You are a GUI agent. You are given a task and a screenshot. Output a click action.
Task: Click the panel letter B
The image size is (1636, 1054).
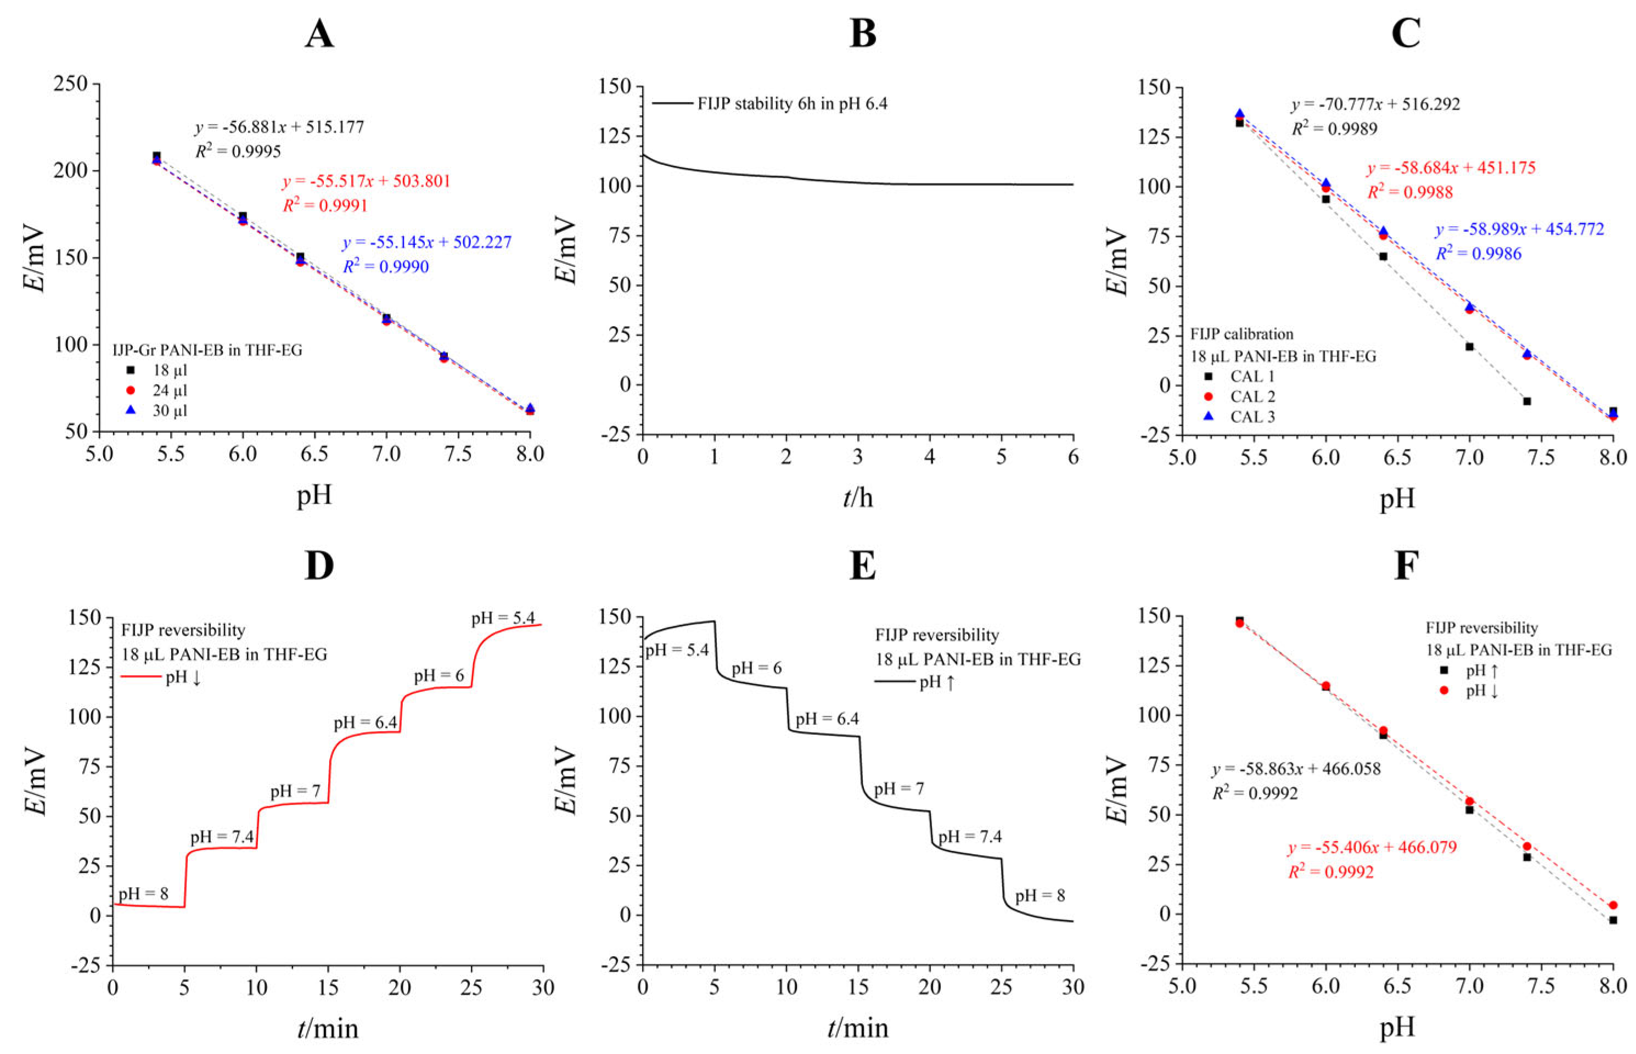[862, 33]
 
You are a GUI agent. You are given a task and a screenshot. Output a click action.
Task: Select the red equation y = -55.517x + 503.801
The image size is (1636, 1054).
[366, 181]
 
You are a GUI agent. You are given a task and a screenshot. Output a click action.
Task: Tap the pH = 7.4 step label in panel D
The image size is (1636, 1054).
[222, 837]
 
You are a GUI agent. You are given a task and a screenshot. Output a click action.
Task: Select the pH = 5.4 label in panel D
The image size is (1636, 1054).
[503, 618]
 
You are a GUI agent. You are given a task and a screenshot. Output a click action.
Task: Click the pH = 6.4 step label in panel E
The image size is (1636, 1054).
[827, 719]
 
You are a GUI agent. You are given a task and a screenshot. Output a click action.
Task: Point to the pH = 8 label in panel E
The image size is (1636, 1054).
[1039, 896]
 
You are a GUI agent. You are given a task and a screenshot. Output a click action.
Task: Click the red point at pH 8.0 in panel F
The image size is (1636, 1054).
[1613, 905]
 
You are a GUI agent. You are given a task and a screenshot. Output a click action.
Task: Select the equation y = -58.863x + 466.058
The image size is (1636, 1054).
[1296, 769]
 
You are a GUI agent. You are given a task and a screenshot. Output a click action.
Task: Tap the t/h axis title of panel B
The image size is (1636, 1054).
[858, 497]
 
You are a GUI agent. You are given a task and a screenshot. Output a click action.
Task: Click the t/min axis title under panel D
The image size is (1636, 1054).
[327, 1028]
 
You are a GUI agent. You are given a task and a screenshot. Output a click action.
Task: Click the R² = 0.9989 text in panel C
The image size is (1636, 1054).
[1334, 128]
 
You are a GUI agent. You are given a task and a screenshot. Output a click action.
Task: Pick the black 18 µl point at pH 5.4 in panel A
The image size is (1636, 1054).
[157, 156]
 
